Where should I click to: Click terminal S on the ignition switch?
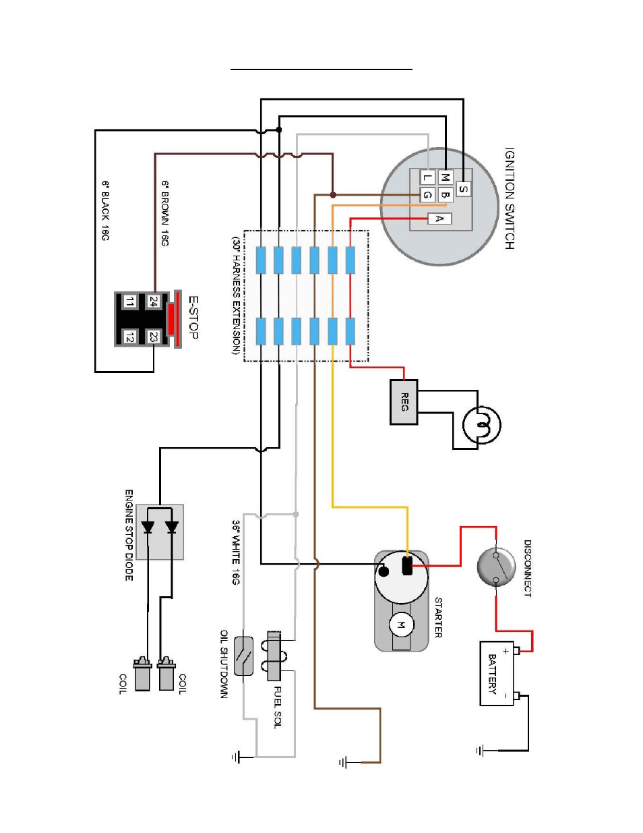(463, 189)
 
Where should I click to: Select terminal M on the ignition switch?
(445, 177)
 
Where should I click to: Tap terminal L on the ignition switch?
(427, 177)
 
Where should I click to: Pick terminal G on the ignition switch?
(427, 195)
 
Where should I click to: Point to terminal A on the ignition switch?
(439, 219)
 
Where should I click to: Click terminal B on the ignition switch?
(445, 195)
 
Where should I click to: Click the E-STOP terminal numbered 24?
(154, 301)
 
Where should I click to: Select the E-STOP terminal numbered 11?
(129, 301)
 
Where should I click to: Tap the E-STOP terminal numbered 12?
(129, 337)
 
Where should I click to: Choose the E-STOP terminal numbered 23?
(154, 337)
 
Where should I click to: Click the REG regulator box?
(404, 402)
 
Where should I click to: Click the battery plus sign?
(506, 651)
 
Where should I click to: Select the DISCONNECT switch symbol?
(496, 567)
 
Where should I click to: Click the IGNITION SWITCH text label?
(510, 198)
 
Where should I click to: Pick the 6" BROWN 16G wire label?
(165, 213)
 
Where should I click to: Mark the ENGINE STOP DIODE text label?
(129, 535)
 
